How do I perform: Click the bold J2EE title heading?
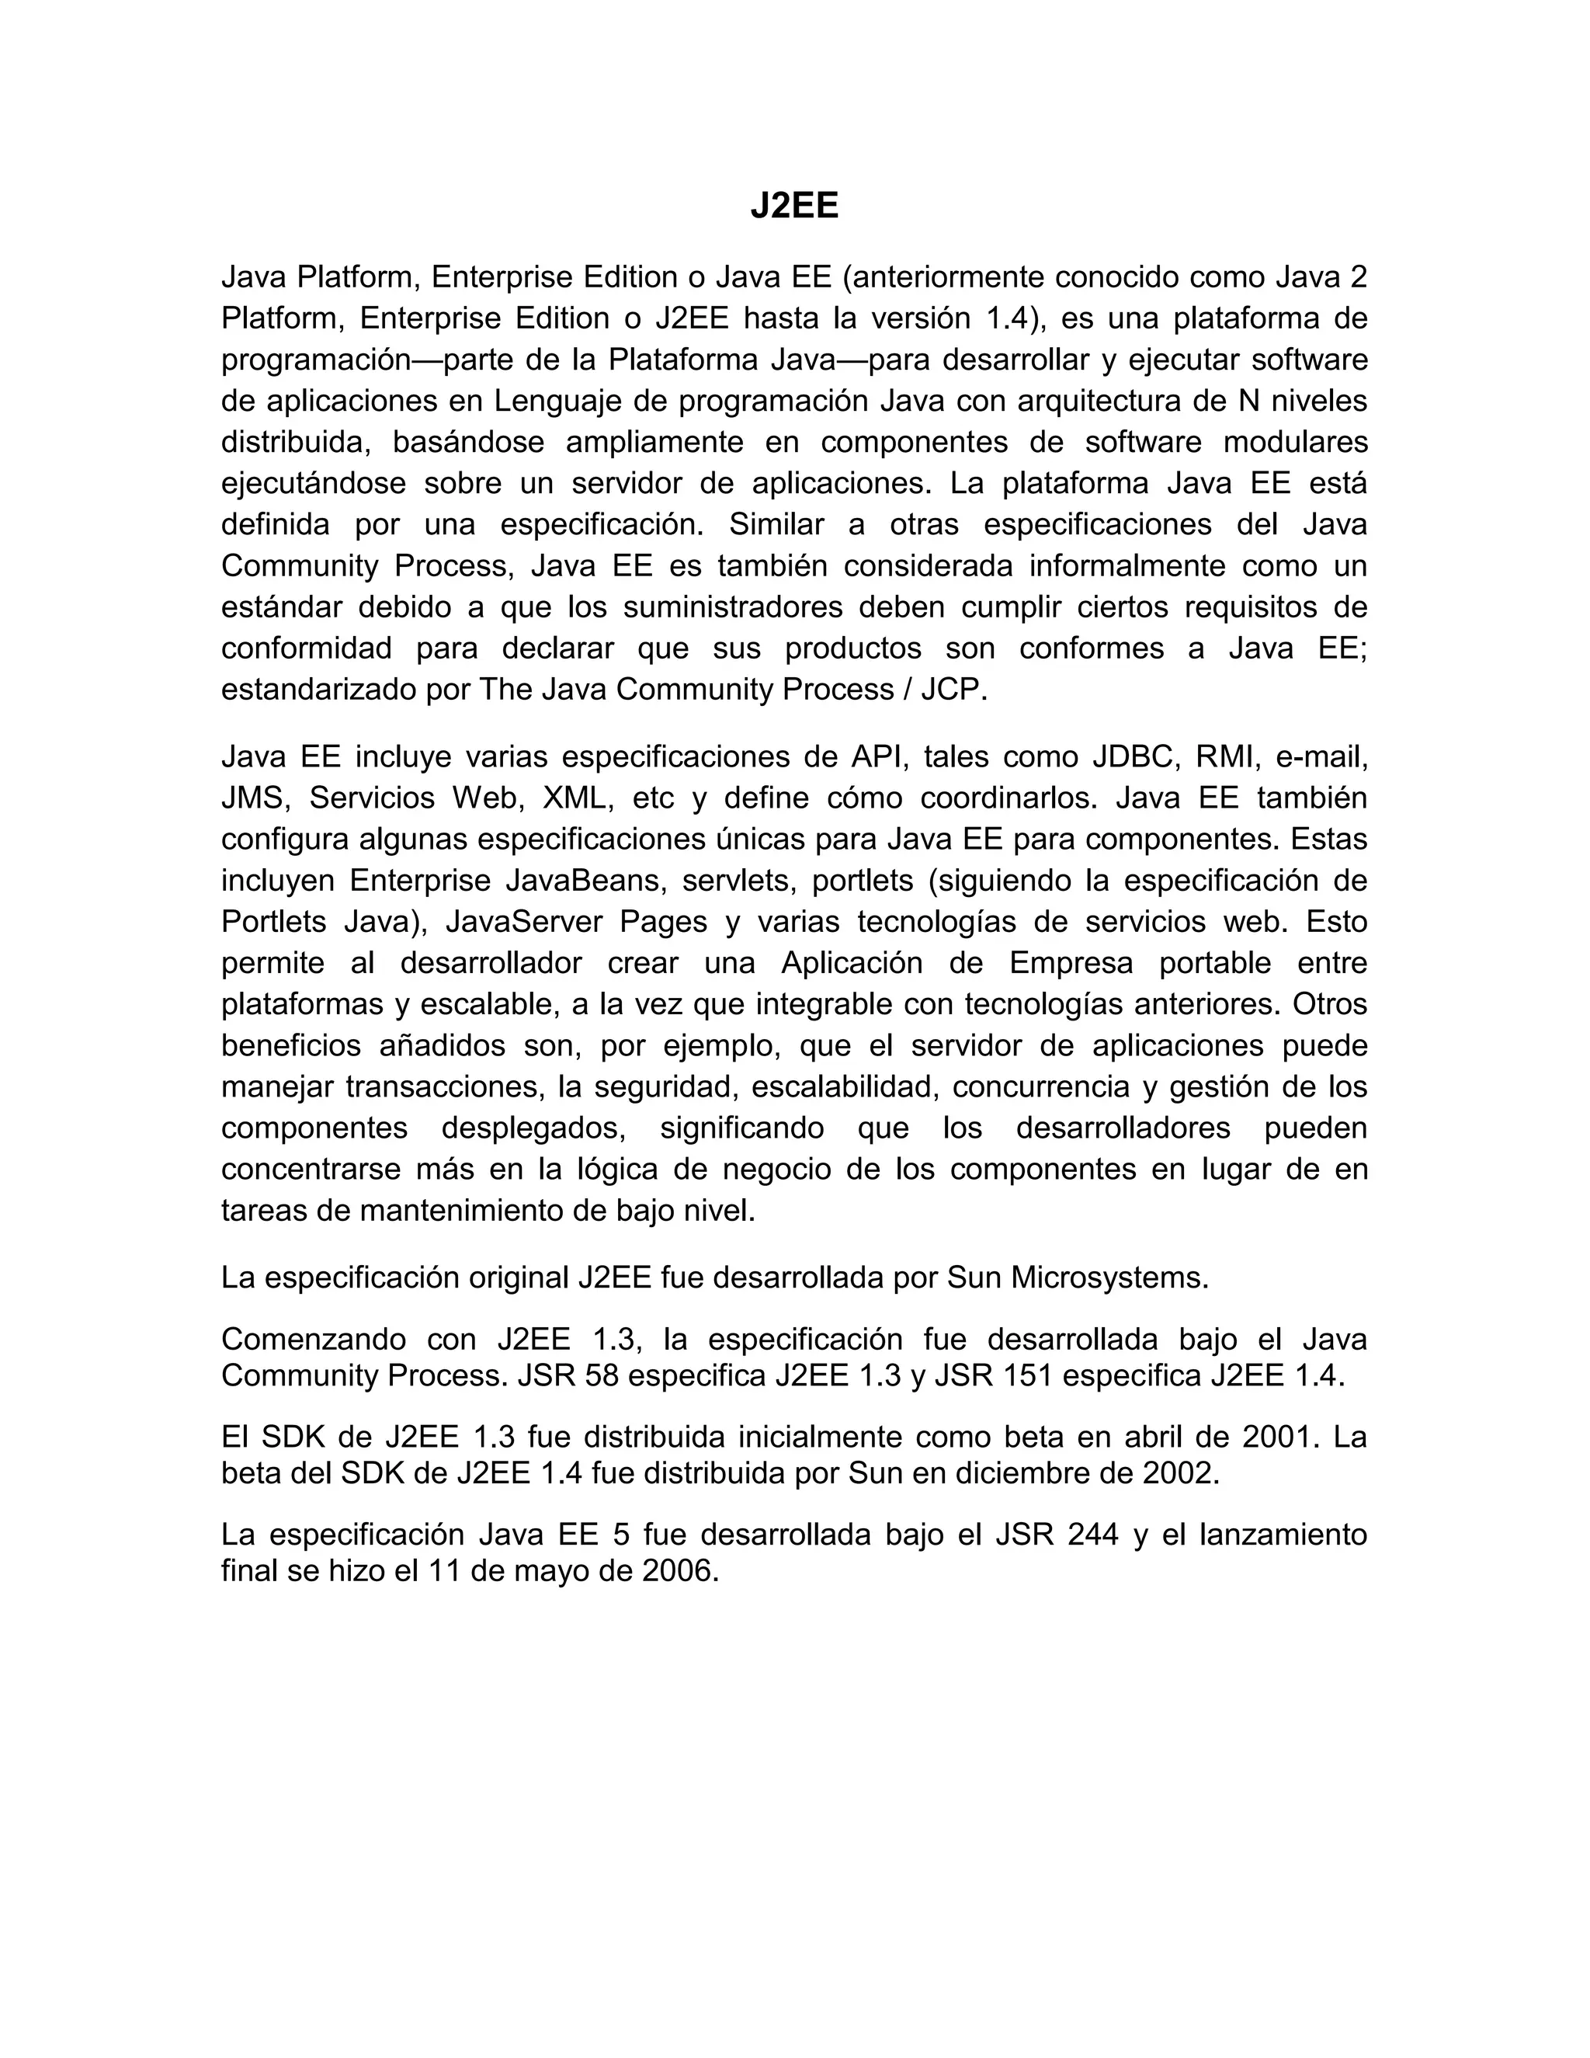[x=794, y=206]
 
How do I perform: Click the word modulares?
[x=1295, y=442]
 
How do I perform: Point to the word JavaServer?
[x=524, y=922]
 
